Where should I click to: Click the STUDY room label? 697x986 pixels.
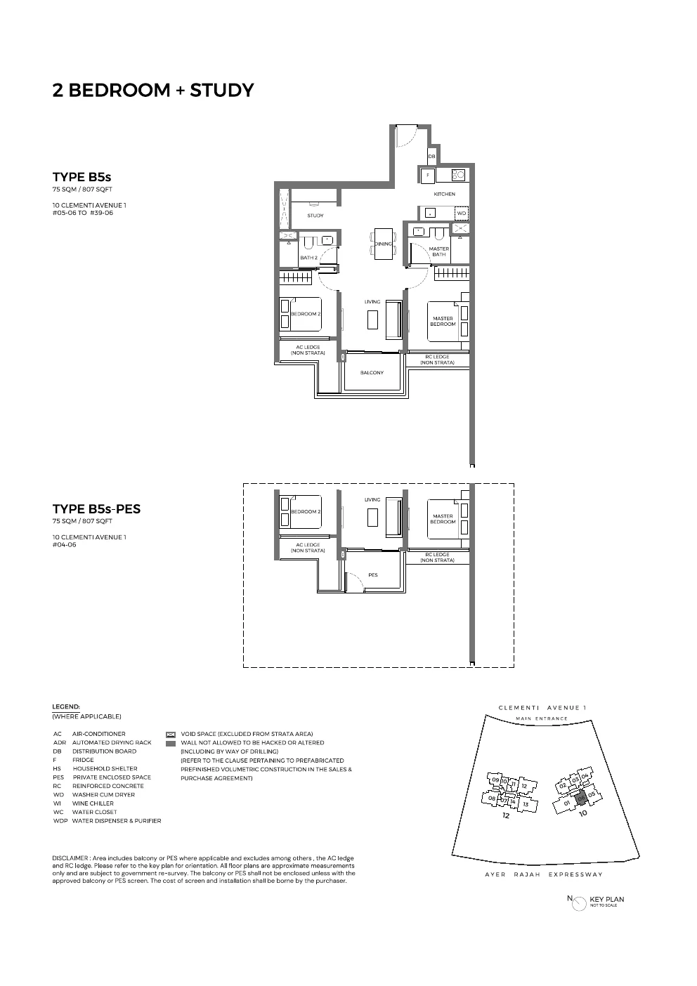click(x=315, y=216)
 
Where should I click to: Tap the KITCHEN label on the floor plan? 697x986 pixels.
click(x=444, y=194)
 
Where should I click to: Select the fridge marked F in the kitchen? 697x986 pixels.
click(x=427, y=175)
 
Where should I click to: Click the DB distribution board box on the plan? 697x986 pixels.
click(x=431, y=156)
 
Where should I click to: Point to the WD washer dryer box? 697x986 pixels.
click(x=461, y=213)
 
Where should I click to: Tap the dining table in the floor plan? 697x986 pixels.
click(x=383, y=244)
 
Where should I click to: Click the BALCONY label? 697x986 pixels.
click(x=372, y=373)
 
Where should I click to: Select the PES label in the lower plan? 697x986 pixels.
click(x=372, y=575)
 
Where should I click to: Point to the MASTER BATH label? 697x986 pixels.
click(x=439, y=251)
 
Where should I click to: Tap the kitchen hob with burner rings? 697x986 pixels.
click(x=458, y=175)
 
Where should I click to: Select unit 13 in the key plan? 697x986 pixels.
click(x=525, y=803)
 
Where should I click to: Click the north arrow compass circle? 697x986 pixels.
click(x=579, y=902)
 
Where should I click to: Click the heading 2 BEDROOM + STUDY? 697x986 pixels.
click(x=152, y=90)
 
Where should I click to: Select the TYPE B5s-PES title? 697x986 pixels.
click(x=96, y=509)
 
